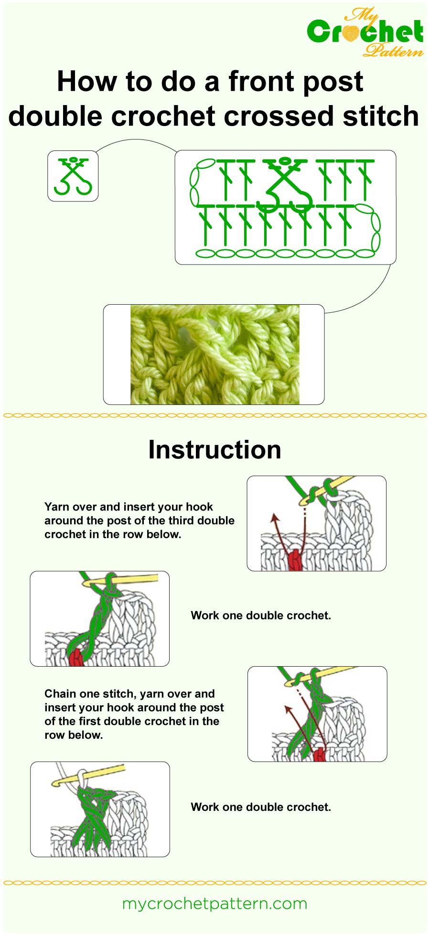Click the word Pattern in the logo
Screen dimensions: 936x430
click(393, 50)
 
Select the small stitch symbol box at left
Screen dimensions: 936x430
click(73, 176)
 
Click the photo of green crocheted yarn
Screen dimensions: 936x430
click(215, 354)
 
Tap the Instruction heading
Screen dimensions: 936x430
click(215, 450)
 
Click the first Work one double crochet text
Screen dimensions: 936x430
click(260, 616)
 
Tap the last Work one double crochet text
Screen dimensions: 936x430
click(260, 807)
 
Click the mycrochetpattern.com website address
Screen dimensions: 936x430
click(215, 904)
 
